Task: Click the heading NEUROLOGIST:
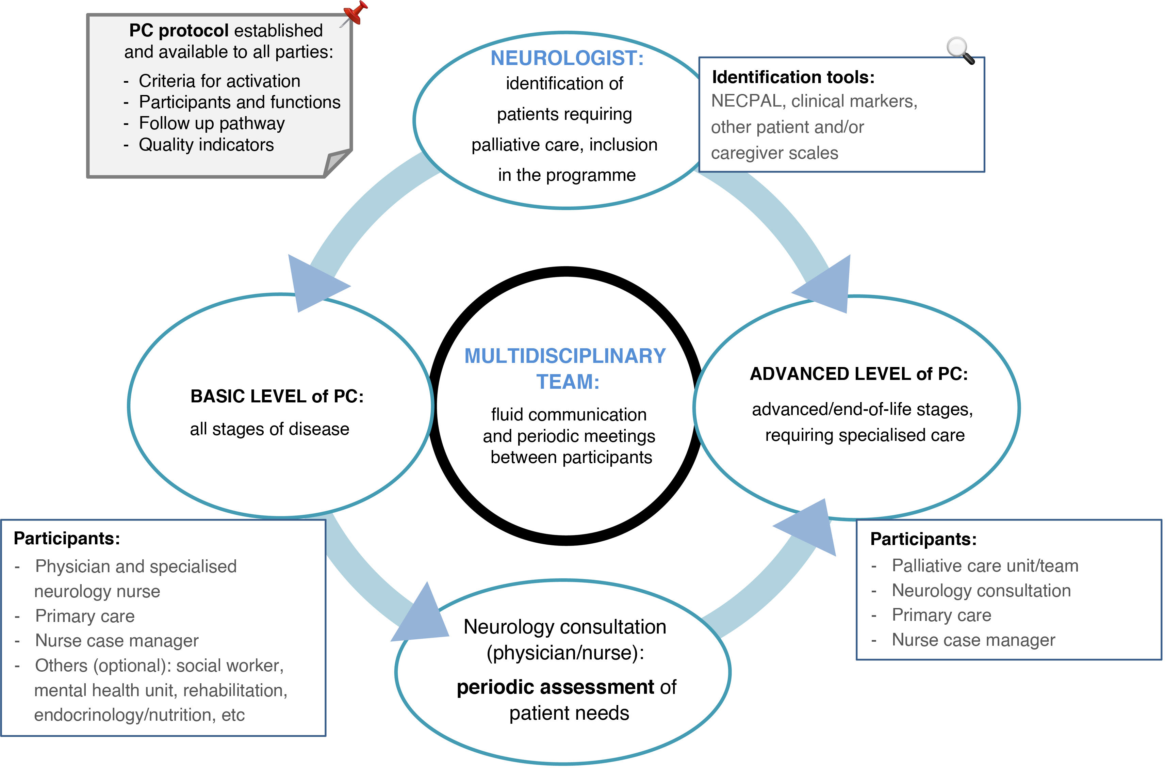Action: click(x=567, y=58)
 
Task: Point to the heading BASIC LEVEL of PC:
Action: click(x=277, y=396)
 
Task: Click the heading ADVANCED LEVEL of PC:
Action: click(x=859, y=374)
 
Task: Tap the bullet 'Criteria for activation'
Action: click(x=219, y=81)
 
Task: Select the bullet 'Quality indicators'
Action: click(x=206, y=144)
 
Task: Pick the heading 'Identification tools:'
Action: click(x=793, y=77)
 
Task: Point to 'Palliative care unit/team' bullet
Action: click(x=985, y=566)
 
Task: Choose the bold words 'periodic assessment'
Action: click(x=555, y=687)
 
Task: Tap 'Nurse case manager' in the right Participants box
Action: click(x=973, y=640)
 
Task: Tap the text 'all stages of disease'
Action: click(x=270, y=429)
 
